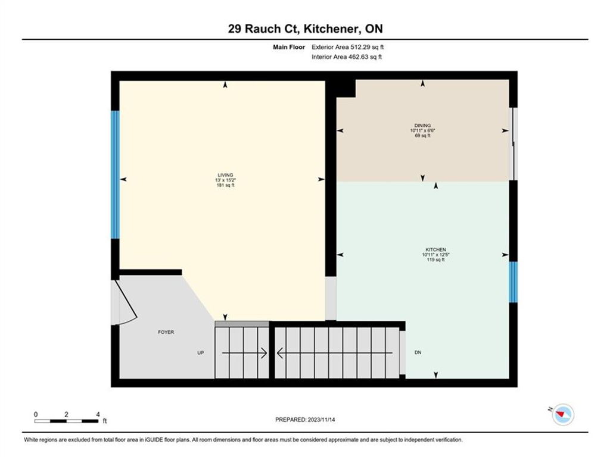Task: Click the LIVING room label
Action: pyautogui.click(x=225, y=175)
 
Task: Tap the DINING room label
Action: pyautogui.click(x=422, y=126)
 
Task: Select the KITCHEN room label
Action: pyautogui.click(x=435, y=249)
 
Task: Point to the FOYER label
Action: pyautogui.click(x=166, y=332)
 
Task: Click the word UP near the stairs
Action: pyautogui.click(x=201, y=353)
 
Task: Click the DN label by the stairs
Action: pyautogui.click(x=418, y=352)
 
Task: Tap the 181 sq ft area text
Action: pyautogui.click(x=225, y=186)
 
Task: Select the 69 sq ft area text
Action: pyautogui.click(x=422, y=136)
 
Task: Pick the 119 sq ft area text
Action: pyautogui.click(x=435, y=259)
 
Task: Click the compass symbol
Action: pyautogui.click(x=563, y=414)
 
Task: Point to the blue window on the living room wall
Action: pyautogui.click(x=115, y=175)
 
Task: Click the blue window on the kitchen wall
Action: pyautogui.click(x=513, y=282)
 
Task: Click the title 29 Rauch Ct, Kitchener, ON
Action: pyautogui.click(x=305, y=29)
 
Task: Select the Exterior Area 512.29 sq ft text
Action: pyautogui.click(x=347, y=47)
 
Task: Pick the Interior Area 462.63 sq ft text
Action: pyautogui.click(x=347, y=57)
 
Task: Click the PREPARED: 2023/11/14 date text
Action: pyautogui.click(x=305, y=420)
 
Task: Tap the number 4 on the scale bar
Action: pyautogui.click(x=98, y=414)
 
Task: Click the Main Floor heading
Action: pyautogui.click(x=289, y=47)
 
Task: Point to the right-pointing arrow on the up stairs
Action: pyautogui.click(x=244, y=353)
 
